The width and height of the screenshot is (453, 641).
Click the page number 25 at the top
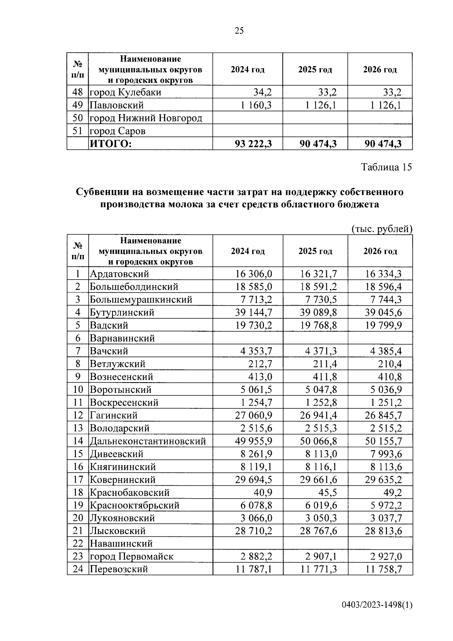[239, 31]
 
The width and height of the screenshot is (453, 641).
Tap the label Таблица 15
[386, 167]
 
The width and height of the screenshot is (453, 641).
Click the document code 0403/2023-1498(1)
[377, 605]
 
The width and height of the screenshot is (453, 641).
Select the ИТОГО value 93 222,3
[253, 144]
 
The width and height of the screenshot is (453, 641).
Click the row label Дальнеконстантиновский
[148, 441]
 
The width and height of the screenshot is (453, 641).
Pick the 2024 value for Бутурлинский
[253, 312]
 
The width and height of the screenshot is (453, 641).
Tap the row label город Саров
[117, 131]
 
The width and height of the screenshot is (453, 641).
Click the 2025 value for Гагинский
[318, 415]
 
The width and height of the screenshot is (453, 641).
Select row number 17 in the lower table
[78, 480]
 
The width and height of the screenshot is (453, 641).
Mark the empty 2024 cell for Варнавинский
[248, 338]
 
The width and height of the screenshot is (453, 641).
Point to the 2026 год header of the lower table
[380, 251]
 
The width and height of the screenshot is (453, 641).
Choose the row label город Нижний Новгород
[146, 118]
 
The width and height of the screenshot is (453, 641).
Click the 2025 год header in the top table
[315, 70]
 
